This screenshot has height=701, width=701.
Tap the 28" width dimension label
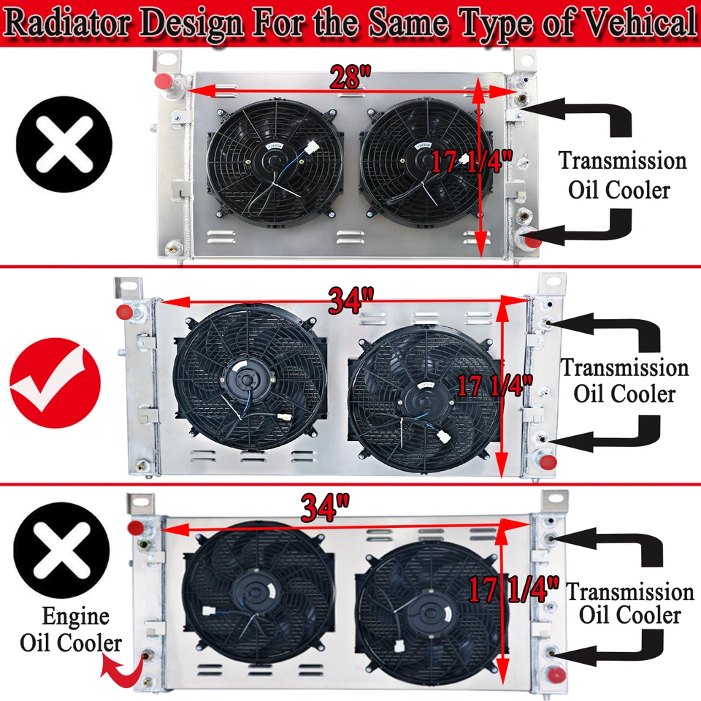[x=351, y=77]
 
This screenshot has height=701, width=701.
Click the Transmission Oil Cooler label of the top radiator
[x=623, y=175]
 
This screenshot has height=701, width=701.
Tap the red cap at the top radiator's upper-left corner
[x=164, y=80]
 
